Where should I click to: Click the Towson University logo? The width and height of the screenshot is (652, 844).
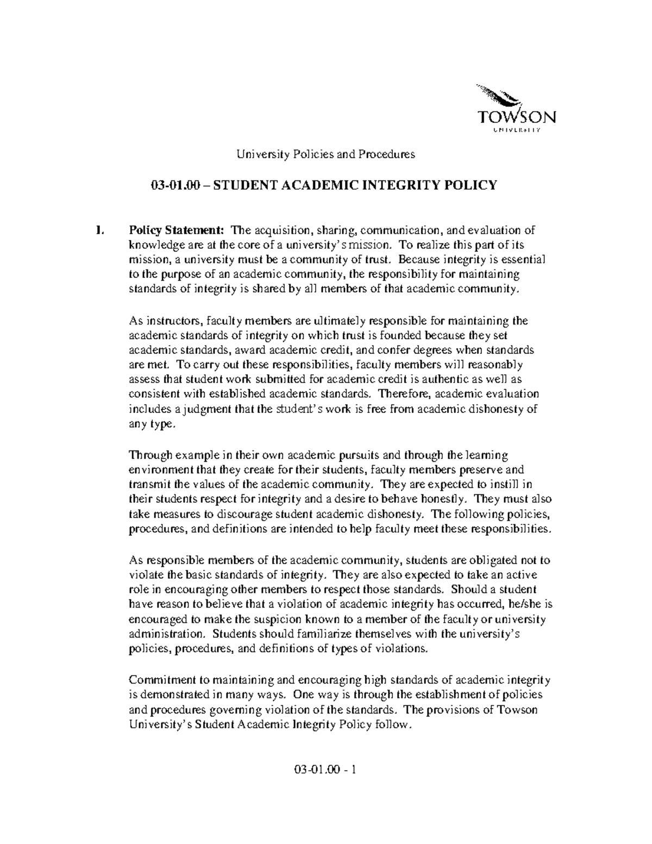coord(515,110)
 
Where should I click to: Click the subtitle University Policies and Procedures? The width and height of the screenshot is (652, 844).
coord(324,154)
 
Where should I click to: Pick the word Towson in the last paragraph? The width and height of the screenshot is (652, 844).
coord(517,710)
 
